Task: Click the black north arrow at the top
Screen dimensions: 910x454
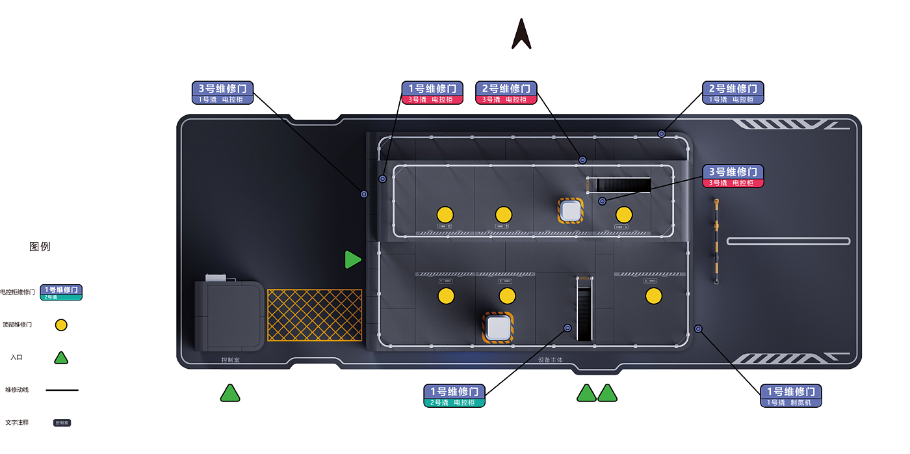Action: tap(521, 34)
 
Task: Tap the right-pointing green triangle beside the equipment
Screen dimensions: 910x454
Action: tap(352, 260)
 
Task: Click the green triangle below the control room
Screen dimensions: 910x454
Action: tap(230, 393)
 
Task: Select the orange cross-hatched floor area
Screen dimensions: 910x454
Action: tap(315, 315)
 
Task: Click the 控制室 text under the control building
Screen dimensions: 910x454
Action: tap(230, 360)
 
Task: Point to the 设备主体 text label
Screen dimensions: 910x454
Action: tap(550, 360)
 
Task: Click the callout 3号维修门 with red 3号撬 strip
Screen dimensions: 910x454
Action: tap(733, 176)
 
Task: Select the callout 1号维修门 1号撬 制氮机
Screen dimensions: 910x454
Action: tap(791, 396)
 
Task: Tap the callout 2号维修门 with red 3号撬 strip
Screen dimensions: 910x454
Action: tap(507, 93)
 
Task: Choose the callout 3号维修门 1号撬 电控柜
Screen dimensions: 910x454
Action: tap(222, 93)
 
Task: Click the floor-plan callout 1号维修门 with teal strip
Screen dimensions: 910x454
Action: tap(454, 396)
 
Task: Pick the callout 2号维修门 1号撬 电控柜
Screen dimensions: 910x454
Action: tap(733, 93)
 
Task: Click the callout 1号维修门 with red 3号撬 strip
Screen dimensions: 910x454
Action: tap(433, 93)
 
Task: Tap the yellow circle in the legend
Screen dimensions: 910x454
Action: tap(61, 325)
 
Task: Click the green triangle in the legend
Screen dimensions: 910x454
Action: tap(60, 357)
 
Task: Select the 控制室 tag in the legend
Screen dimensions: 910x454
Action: tap(62, 423)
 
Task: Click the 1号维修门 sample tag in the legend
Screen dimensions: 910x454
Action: tap(61, 292)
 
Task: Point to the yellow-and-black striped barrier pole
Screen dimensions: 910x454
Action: tap(717, 241)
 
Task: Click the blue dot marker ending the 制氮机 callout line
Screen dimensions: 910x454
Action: tap(698, 328)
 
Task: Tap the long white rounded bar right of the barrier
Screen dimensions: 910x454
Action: tap(788, 241)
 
